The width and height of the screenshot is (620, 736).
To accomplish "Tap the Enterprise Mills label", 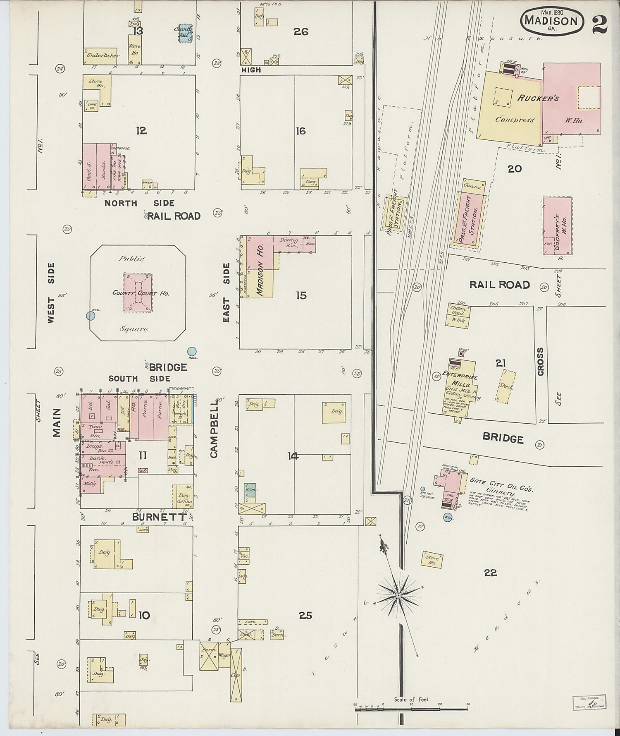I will coord(460,375).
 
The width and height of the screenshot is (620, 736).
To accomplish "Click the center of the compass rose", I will coord(398,595).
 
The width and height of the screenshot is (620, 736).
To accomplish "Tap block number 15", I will coord(301,295).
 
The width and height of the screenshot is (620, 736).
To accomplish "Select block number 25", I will coord(305,616).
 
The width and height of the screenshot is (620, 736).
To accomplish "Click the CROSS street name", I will coord(540,362).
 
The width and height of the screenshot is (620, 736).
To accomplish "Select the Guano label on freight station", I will coord(473,187).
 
